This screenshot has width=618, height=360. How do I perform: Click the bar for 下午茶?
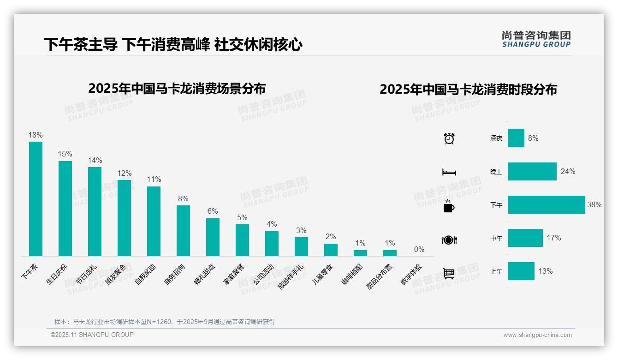point(36,198)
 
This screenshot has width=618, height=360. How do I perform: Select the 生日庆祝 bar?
point(65,208)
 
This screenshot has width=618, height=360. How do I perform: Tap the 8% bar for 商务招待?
point(183,230)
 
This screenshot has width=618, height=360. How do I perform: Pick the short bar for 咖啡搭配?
point(360,253)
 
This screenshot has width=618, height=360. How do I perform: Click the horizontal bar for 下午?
point(547,204)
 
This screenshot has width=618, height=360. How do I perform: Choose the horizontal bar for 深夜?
point(516,138)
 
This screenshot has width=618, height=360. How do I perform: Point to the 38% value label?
point(594,204)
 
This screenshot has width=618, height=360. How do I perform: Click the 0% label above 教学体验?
point(419,249)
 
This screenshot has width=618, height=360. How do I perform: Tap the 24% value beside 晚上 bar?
point(568,171)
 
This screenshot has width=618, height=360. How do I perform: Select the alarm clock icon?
point(449,138)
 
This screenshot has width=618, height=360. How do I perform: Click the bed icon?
point(449,172)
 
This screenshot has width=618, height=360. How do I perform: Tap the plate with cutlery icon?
point(449,240)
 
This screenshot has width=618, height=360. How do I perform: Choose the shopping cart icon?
point(449,273)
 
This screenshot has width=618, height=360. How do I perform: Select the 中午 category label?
point(496,238)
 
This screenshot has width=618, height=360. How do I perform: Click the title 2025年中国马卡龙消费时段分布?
point(468,89)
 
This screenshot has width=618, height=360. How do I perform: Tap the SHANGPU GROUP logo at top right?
point(536,39)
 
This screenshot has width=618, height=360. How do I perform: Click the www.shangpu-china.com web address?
point(537,335)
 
